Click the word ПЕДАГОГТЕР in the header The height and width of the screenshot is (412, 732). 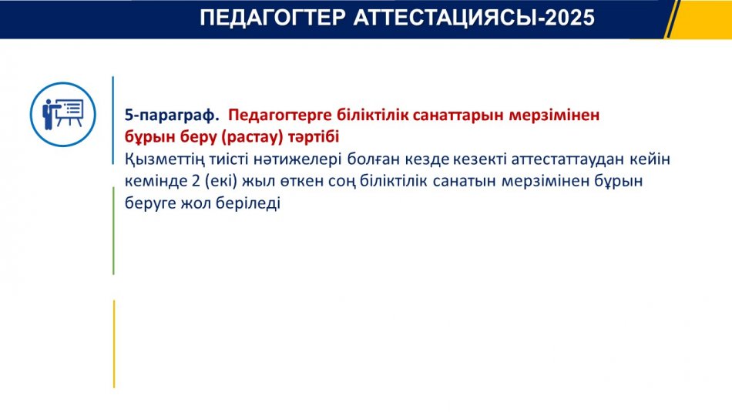pos(273,18)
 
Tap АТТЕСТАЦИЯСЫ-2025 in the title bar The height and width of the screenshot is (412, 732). pos(475,18)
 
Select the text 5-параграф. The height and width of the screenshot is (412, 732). pos(172,116)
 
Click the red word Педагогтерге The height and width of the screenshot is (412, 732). pos(280,116)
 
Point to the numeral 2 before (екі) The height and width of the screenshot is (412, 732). pos(196,181)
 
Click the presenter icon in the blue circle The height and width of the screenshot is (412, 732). pos(63,115)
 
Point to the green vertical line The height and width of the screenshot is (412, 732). pos(113,231)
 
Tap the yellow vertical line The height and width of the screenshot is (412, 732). pos(114,344)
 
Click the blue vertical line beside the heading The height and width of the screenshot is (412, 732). pos(113,120)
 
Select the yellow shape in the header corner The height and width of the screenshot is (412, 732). pos(700,19)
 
